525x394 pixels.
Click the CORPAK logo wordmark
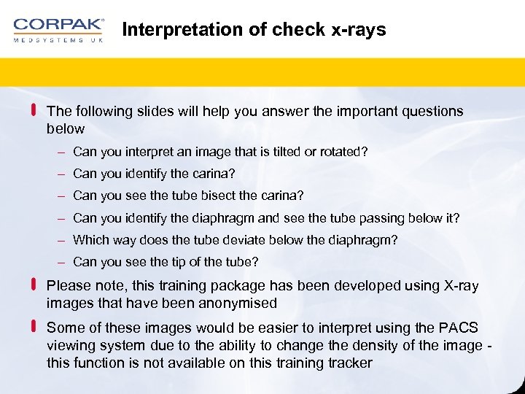tap(58, 24)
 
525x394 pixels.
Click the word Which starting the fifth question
tap(90, 239)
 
